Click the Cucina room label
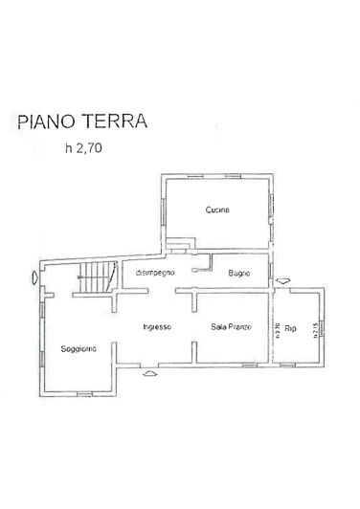217,210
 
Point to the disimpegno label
154,274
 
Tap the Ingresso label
156,327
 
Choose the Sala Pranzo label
231,327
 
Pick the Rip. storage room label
292,327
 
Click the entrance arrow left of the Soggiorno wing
34,278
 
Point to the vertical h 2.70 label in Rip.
279,331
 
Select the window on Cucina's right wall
272,207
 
